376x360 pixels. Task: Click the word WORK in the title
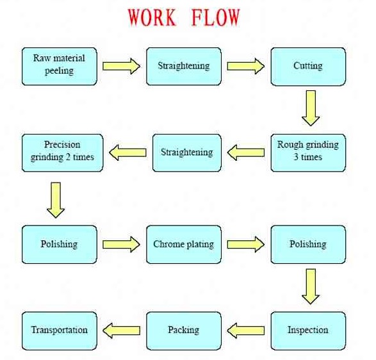click(152, 17)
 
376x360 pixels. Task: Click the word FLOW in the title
click(215, 17)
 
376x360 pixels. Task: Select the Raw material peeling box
click(60, 67)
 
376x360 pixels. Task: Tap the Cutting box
click(308, 67)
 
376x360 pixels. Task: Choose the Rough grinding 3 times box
click(308, 153)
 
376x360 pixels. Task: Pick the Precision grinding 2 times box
click(62, 153)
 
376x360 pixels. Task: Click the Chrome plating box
click(184, 245)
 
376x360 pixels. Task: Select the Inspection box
click(308, 331)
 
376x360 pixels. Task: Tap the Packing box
click(184, 331)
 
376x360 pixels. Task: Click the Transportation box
click(60, 331)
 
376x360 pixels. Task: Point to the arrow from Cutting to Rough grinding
click(311, 108)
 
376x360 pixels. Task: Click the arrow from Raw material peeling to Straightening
click(121, 66)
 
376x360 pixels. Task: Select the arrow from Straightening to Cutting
click(246, 66)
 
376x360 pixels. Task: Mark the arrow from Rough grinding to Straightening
click(246, 152)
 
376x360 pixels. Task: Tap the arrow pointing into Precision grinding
click(128, 152)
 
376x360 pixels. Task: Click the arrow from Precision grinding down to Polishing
click(56, 200)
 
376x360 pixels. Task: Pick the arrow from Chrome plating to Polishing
click(246, 245)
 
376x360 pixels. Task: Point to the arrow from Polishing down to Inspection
click(311, 286)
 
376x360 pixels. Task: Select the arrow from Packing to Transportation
click(121, 331)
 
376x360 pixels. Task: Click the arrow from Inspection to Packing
click(246, 331)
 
